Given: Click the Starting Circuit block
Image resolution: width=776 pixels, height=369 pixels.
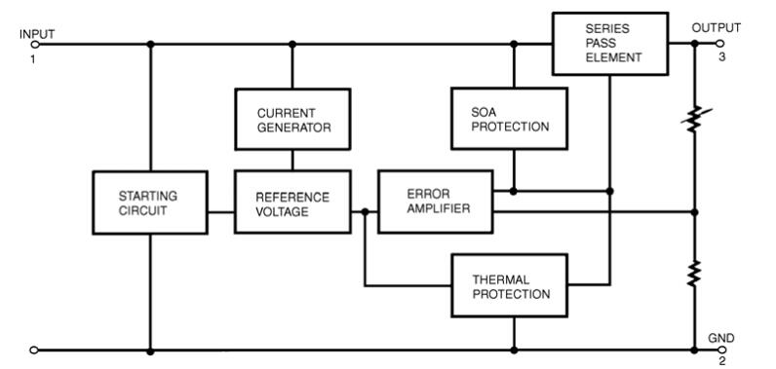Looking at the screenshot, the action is tap(150, 203).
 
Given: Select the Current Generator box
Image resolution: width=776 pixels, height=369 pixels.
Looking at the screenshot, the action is tap(292, 119).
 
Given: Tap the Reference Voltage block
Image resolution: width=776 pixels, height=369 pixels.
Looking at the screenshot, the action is tap(292, 202).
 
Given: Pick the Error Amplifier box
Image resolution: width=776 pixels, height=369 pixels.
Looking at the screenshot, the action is tap(436, 202).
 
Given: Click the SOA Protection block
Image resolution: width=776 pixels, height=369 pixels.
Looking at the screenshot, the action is tap(509, 119).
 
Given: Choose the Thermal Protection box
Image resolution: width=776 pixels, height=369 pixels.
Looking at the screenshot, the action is tap(510, 285).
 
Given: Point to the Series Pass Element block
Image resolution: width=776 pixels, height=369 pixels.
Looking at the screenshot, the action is tap(610, 44).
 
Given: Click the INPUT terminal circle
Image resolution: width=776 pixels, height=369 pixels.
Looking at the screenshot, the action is tap(35, 45).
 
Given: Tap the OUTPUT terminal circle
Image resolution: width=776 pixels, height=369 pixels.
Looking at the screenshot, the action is tap(719, 44).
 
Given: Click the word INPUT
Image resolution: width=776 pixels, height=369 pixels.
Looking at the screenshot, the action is tap(37, 34).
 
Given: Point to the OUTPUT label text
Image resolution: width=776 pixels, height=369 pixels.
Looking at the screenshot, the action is tap(717, 27).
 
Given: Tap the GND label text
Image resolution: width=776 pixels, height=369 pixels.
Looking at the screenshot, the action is tap(721, 339).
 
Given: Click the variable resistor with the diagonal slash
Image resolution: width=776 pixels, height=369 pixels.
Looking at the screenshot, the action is tap(695, 119).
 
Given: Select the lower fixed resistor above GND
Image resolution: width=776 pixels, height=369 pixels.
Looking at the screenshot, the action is tap(694, 274).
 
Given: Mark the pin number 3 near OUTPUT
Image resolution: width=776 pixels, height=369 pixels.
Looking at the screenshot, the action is tap(722, 57).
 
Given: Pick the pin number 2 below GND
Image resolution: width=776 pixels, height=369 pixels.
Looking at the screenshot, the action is tap(722, 361).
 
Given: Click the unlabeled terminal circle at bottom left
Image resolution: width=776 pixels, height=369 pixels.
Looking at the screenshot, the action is tap(34, 351).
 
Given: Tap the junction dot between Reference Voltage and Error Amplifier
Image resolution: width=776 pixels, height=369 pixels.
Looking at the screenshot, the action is tap(366, 212).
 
